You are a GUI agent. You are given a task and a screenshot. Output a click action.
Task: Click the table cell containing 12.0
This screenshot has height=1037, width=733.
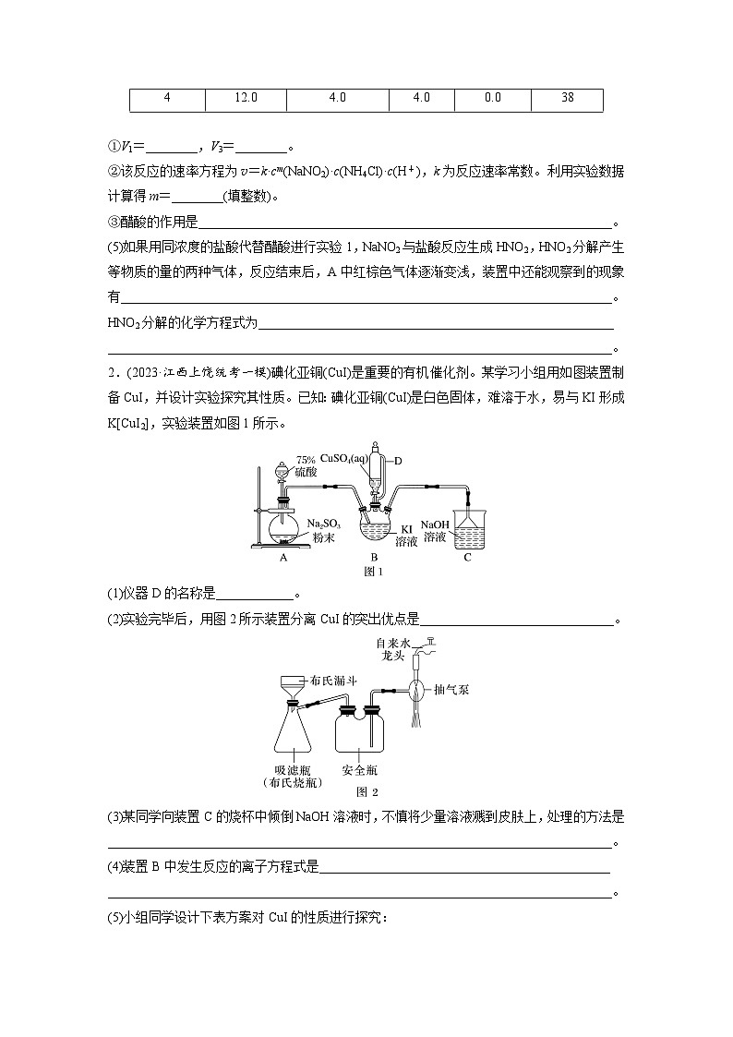click(246, 99)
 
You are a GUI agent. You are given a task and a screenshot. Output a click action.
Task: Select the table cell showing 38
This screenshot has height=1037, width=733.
click(567, 99)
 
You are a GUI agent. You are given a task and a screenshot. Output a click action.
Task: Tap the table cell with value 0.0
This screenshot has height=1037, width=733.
click(492, 99)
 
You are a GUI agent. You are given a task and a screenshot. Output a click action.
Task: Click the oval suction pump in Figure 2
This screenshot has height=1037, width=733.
click(417, 689)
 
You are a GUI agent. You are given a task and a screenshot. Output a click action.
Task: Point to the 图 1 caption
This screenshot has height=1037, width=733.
click(374, 572)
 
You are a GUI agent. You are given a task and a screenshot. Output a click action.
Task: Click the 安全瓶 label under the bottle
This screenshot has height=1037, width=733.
click(358, 769)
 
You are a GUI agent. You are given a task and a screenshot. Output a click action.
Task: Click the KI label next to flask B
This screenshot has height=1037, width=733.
click(407, 529)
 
